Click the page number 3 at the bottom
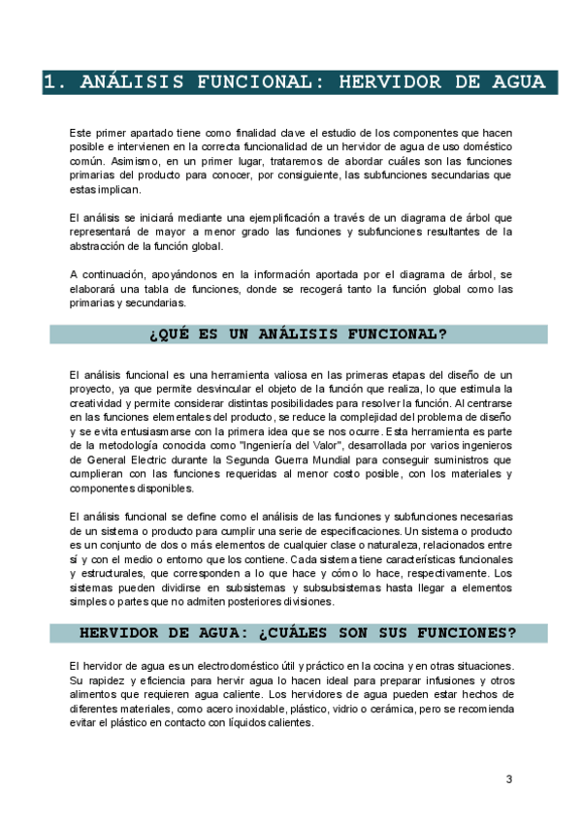tap(509, 779)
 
